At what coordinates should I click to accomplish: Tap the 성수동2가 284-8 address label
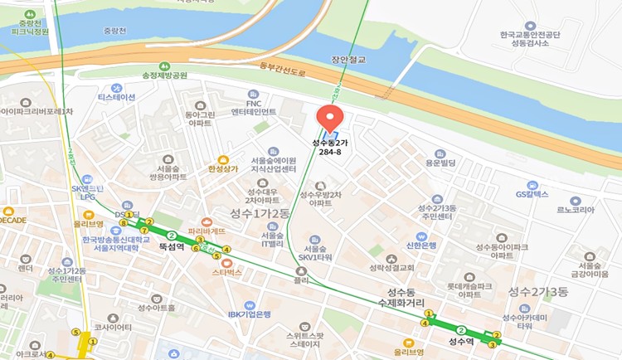pos(331,148)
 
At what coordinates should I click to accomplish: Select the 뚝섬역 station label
pos(171,247)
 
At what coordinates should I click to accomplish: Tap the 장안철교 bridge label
pos(349,60)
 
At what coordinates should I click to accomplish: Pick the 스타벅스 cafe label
pos(226,271)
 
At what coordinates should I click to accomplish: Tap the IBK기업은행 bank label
pos(250,314)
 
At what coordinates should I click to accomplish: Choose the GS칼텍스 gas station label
pos(532,194)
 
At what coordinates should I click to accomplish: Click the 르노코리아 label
pos(576,212)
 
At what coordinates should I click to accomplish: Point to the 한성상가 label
pos(221,168)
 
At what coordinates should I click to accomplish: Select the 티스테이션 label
pos(116,97)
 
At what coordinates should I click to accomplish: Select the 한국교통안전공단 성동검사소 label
pos(531,40)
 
